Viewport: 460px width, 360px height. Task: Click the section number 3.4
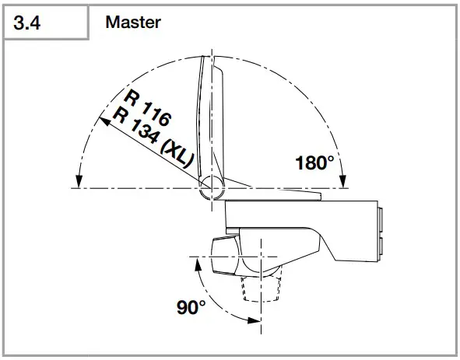[27, 23]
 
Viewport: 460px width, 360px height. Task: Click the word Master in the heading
[133, 23]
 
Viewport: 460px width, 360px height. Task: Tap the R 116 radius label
[147, 108]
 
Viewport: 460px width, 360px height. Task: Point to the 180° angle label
[314, 163]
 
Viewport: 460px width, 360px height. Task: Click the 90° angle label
[191, 307]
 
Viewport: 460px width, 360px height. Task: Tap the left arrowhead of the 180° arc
[79, 181]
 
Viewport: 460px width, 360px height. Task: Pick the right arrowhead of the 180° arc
[342, 181]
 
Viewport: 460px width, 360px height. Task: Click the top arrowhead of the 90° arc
[198, 264]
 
